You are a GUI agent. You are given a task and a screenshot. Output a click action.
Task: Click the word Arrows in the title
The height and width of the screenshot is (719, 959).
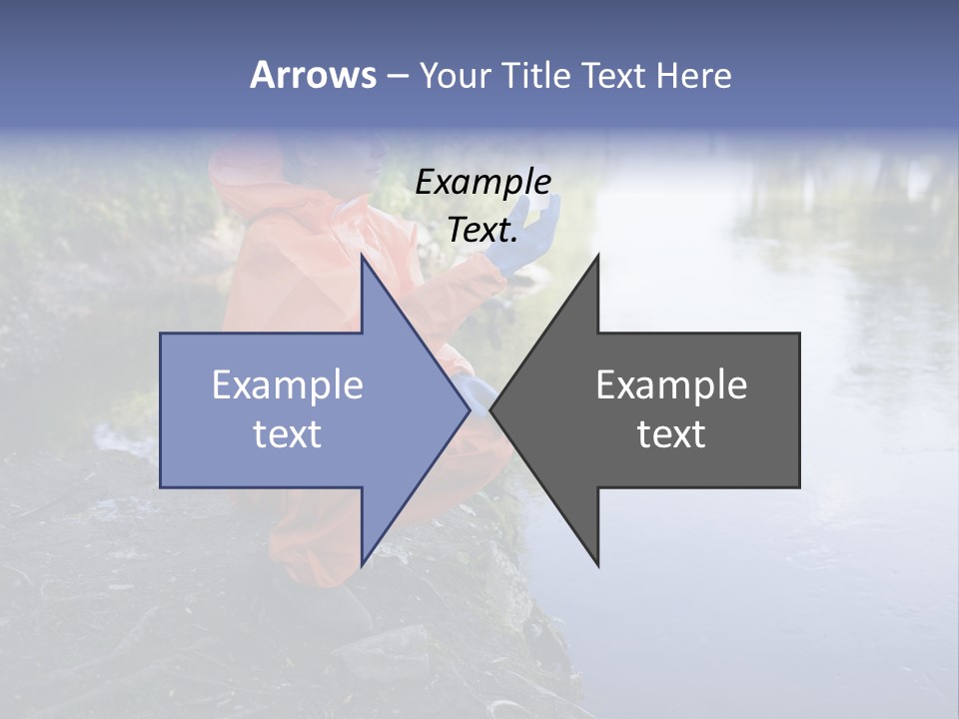(313, 75)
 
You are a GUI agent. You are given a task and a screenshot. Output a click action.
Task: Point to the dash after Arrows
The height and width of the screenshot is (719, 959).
(397, 76)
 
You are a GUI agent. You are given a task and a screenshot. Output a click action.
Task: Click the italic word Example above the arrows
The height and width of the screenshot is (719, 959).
(483, 182)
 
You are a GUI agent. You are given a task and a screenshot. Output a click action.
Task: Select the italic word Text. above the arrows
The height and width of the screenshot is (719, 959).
(483, 230)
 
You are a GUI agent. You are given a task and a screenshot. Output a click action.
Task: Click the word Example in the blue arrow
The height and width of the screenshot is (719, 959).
(288, 385)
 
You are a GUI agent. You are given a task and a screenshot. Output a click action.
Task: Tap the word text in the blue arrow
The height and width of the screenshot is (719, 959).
(288, 434)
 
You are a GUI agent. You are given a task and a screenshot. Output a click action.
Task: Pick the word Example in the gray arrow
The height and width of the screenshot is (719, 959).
(671, 385)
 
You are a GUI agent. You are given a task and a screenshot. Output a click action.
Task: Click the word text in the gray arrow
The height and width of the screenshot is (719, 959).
(671, 434)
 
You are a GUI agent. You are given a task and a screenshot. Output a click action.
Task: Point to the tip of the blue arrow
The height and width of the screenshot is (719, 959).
(470, 409)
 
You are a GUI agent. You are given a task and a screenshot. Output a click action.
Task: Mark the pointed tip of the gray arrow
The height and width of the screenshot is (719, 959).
(490, 409)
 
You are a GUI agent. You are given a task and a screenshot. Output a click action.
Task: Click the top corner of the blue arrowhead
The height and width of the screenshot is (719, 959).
(362, 255)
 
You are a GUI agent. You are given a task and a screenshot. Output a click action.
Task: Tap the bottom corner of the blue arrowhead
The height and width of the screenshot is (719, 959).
(362, 565)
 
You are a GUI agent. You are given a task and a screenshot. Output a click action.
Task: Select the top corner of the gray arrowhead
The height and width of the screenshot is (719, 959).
(598, 255)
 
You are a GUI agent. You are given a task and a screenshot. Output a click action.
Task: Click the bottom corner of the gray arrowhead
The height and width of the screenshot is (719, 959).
(598, 565)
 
